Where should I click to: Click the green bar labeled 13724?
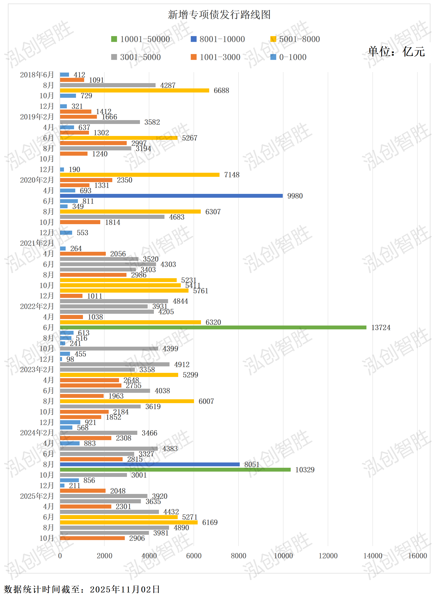click(x=213, y=327)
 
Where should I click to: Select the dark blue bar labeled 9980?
click(x=171, y=196)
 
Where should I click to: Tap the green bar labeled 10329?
click(x=175, y=470)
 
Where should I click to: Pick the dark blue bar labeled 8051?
click(x=150, y=464)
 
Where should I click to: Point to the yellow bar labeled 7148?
click(x=140, y=175)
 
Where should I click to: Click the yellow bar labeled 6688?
click(x=134, y=91)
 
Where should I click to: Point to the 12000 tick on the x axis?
click(x=328, y=556)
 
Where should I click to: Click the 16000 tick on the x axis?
click(x=417, y=556)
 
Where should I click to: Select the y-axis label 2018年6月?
click(x=37, y=75)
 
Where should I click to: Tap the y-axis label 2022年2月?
click(x=37, y=306)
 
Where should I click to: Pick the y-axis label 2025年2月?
click(x=37, y=496)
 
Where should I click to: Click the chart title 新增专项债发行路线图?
click(x=219, y=15)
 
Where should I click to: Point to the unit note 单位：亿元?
click(x=396, y=51)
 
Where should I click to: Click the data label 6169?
click(x=210, y=522)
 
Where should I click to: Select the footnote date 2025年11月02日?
click(x=125, y=589)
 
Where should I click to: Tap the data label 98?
click(x=70, y=359)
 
